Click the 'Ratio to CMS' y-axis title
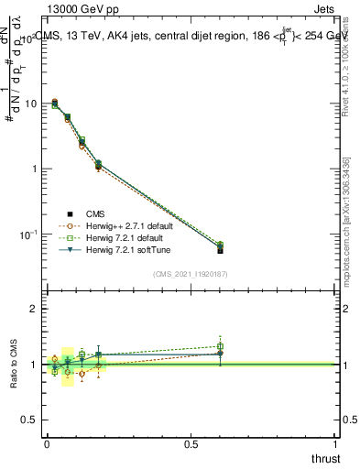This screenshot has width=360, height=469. pyautogui.click(x=12, y=364)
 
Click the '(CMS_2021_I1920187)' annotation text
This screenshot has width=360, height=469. pyautogui.click(x=191, y=273)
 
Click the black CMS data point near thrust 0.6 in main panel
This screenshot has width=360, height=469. pyautogui.click(x=220, y=249)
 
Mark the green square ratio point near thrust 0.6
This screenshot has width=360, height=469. pyautogui.click(x=220, y=346)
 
